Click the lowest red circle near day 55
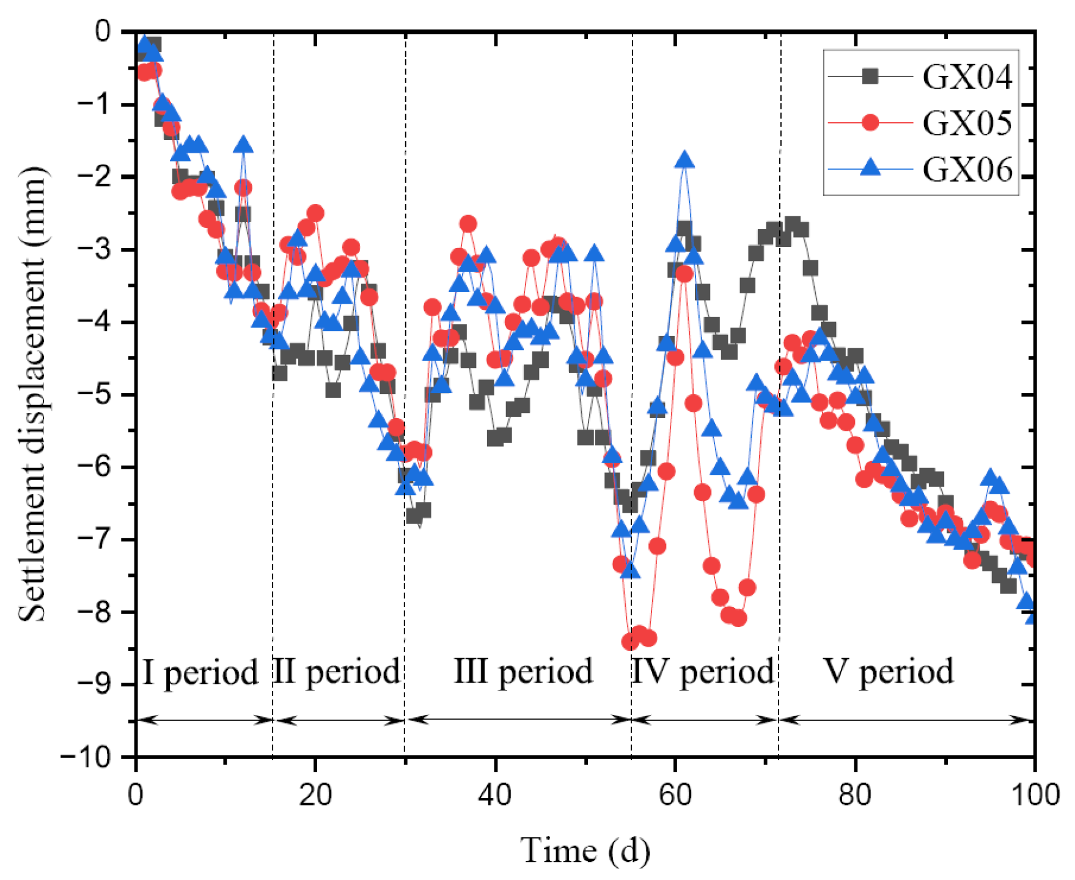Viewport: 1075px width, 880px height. [629, 642]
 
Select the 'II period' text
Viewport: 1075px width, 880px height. [336, 672]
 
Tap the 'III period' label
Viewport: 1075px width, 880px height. [523, 672]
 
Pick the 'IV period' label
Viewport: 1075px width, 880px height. [703, 672]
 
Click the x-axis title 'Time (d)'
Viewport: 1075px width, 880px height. [585, 851]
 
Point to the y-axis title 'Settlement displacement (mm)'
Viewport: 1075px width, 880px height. [32, 394]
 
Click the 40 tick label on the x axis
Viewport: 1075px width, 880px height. [495, 795]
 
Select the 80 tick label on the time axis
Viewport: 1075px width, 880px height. [854, 795]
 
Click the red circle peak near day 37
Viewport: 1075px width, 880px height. [468, 224]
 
